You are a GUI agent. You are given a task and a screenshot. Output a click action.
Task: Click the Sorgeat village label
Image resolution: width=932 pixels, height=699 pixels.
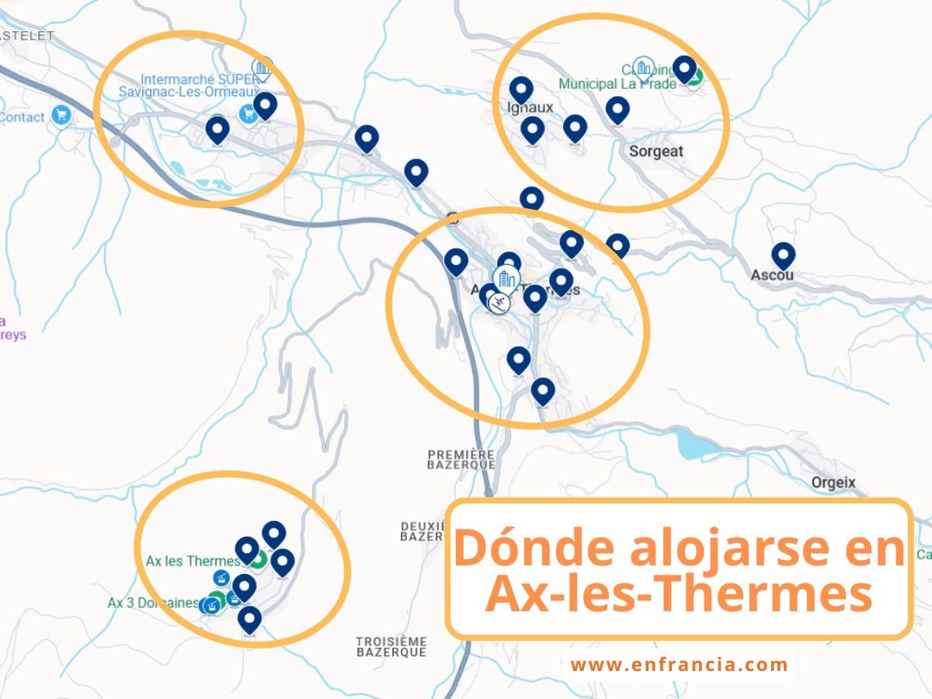tap(656, 151)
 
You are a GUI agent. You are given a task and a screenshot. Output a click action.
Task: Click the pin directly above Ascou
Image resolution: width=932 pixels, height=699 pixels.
tap(783, 255)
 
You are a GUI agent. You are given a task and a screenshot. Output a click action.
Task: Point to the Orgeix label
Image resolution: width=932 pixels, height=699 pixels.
tap(833, 482)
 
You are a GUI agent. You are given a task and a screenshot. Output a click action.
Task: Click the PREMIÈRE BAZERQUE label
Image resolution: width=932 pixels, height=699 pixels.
tap(461, 458)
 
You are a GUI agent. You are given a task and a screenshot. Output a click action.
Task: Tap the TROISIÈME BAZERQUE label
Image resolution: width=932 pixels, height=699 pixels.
tap(391, 646)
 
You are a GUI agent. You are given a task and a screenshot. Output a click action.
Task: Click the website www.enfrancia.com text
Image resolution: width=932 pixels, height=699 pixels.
tap(680, 665)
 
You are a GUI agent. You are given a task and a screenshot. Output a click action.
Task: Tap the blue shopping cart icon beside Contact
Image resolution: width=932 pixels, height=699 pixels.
tap(61, 116)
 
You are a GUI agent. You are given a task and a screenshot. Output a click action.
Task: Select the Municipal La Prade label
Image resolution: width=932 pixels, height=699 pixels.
tap(617, 84)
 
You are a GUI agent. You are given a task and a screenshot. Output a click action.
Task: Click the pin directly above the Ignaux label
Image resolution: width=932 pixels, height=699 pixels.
tap(521, 89)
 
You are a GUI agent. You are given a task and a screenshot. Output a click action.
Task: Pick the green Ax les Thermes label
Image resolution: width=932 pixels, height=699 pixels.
tap(193, 561)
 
